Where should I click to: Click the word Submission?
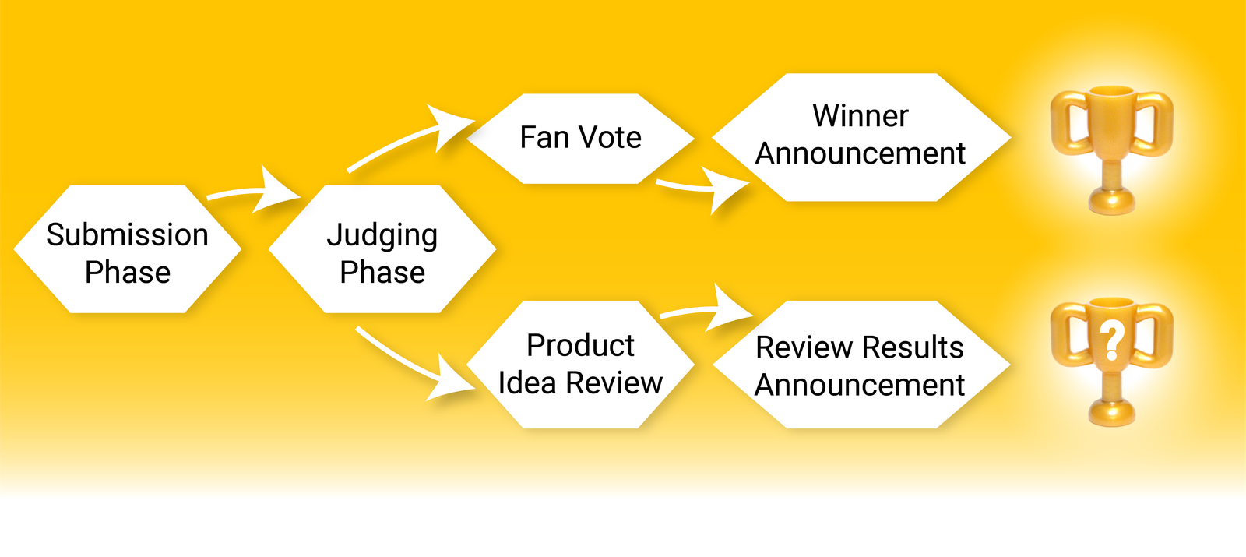[127, 234]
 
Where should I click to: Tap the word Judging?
[382, 235]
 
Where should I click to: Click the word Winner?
[861, 116]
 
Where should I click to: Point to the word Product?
[580, 345]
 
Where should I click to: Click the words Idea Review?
[580, 382]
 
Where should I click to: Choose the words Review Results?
[860, 347]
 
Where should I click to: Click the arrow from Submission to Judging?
[257, 192]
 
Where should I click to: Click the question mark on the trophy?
[1112, 340]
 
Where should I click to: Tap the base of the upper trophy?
[1112, 201]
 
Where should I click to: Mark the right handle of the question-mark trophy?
[1156, 335]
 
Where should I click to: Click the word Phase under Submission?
[128, 273]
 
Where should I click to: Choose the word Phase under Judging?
[382, 273]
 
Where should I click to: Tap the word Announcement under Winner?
[861, 153]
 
